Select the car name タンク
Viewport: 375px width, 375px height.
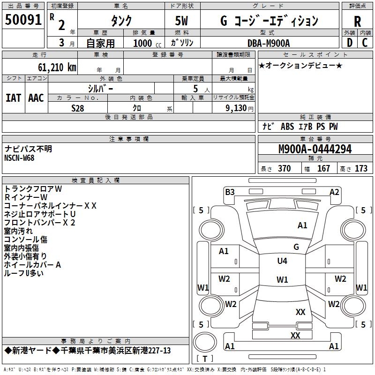(121, 21)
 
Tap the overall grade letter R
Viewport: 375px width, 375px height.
(357, 22)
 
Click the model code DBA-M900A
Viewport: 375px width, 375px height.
(269, 43)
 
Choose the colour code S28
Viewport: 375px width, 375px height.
(78, 108)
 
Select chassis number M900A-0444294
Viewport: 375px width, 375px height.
(315, 149)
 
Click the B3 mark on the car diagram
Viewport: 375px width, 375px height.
(229, 192)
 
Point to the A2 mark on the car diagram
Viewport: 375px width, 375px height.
(334, 192)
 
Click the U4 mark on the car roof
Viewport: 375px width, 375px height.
(282, 261)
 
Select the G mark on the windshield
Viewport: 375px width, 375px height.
(296, 247)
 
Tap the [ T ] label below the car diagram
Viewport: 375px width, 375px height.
(204, 359)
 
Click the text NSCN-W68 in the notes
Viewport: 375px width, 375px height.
(20, 157)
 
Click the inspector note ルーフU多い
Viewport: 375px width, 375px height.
(23, 273)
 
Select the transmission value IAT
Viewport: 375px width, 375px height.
(13, 97)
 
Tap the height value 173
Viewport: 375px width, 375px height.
(361, 169)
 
